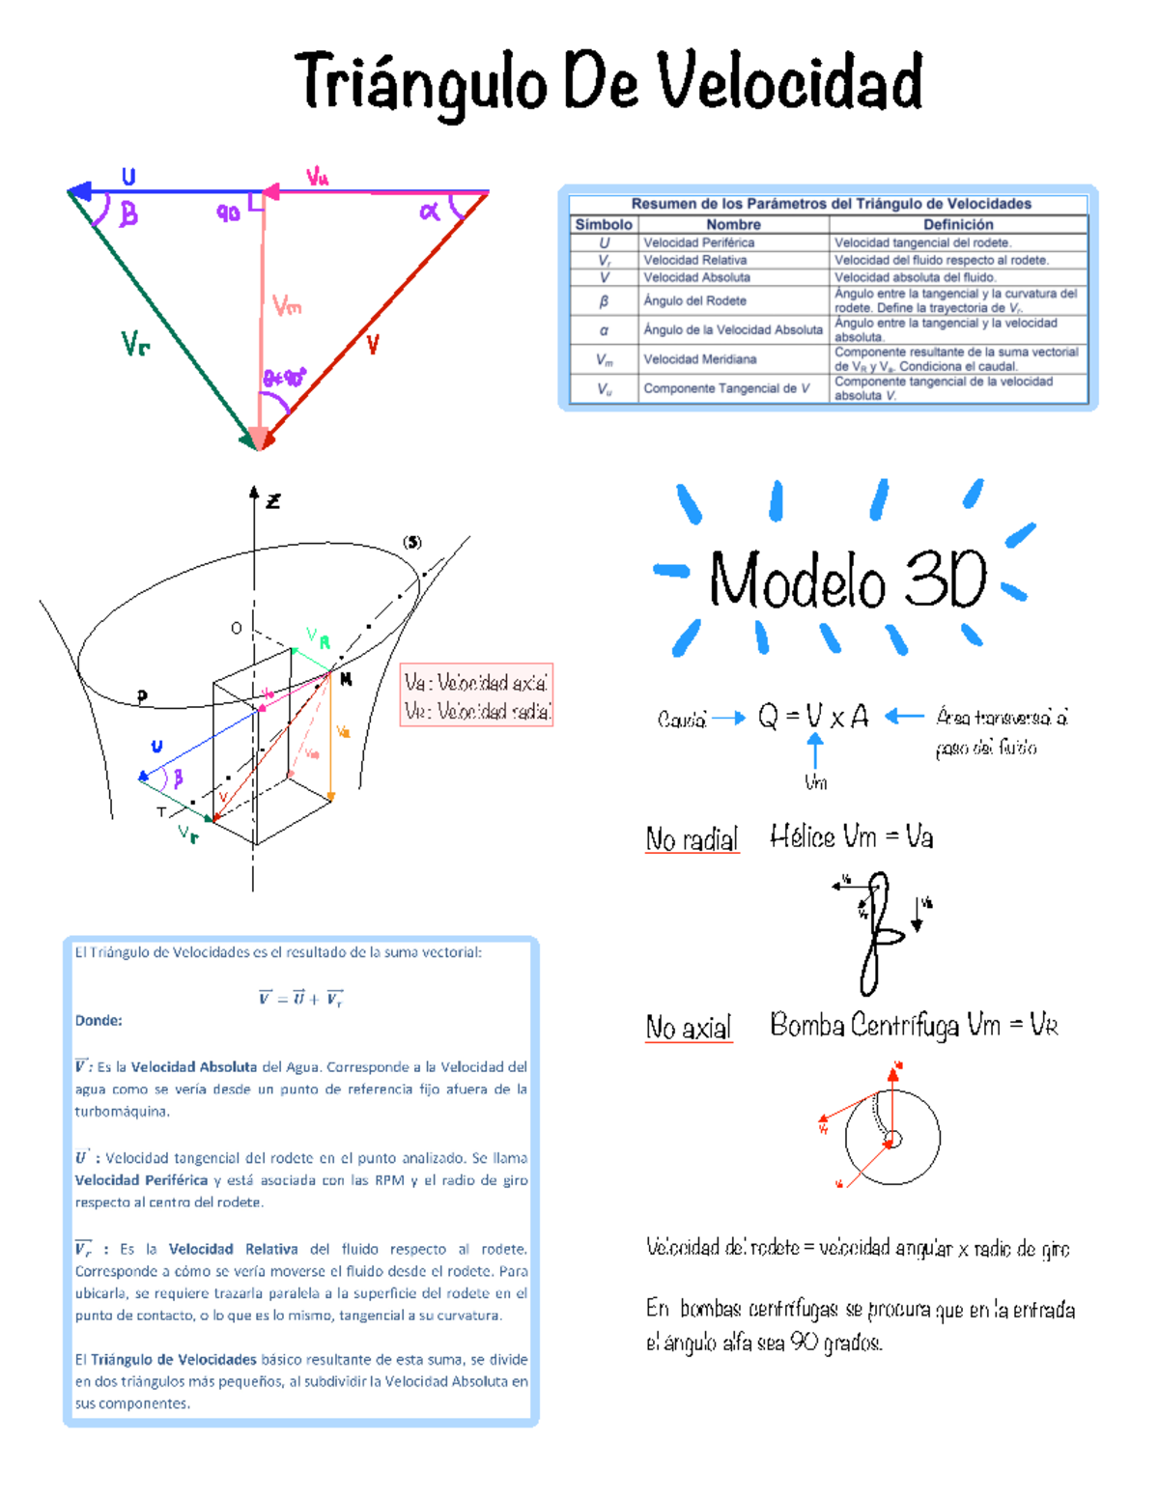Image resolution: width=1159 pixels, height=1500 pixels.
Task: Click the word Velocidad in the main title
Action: coord(790,82)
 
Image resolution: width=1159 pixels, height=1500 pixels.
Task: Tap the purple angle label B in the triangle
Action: coord(128,213)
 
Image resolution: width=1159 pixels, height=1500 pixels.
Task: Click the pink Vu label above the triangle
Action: coord(318,176)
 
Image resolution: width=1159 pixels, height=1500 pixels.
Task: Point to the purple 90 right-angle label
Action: coord(228,213)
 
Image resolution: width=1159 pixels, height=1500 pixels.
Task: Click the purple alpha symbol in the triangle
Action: coord(430,211)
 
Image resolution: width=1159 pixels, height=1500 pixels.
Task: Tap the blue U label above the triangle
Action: coord(128,177)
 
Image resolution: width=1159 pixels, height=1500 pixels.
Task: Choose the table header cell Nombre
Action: coord(733,224)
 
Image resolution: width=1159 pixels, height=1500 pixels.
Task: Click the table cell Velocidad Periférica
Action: coord(699,242)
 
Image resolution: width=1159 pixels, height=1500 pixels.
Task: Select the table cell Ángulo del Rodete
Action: coord(694,300)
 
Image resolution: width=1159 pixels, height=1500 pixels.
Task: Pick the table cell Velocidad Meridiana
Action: coord(700,359)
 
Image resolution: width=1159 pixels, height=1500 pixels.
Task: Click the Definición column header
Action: coord(958,224)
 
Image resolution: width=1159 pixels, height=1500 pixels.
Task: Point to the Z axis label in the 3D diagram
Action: coord(273,501)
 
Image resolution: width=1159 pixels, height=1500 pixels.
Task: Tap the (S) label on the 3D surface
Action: coord(412,542)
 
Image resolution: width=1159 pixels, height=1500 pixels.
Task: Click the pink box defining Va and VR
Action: coord(476,695)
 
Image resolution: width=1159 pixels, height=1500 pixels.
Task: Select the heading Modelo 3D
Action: coord(848,580)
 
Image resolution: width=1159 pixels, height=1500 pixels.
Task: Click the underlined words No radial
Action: coord(692,839)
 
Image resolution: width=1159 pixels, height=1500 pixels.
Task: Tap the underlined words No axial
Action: coord(689,1028)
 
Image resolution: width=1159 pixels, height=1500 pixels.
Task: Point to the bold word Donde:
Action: coord(99,1021)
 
